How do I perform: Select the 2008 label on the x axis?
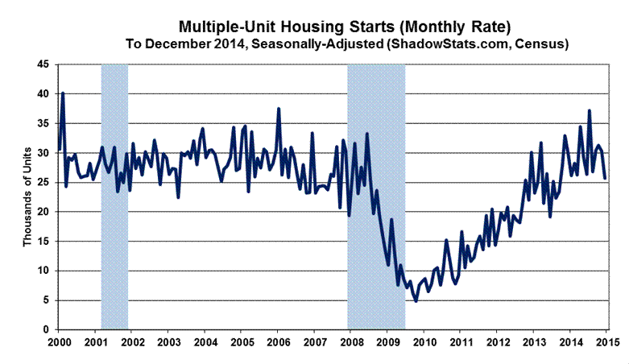[350, 343]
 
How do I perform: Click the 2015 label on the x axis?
[607, 343]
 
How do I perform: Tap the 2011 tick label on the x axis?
[461, 343]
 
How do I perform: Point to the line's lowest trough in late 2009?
[416, 301]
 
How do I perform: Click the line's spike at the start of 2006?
[279, 109]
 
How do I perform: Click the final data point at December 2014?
[606, 178]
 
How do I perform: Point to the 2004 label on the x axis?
[204, 343]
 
